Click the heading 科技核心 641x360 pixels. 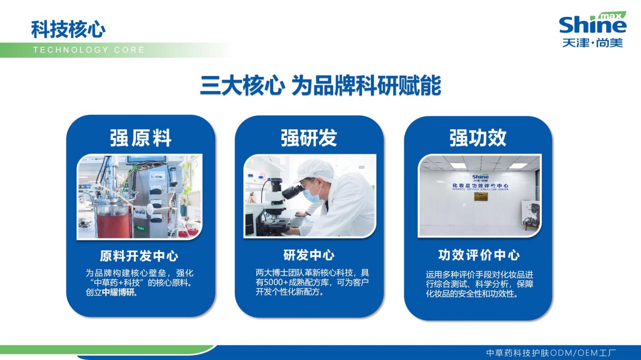[x=68, y=29]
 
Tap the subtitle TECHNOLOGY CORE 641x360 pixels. [x=89, y=50]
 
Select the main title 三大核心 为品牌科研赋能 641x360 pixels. [x=320, y=85]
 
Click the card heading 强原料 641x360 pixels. [x=141, y=138]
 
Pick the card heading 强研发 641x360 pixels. [x=309, y=138]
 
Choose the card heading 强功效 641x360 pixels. [x=478, y=138]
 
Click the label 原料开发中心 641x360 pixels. [x=139, y=256]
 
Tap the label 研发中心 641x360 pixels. [x=309, y=255]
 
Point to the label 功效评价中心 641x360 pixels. [x=479, y=255]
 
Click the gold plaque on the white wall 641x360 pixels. [x=481, y=197]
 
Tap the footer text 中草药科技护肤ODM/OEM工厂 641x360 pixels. [x=551, y=353]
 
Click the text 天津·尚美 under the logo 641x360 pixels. [x=592, y=43]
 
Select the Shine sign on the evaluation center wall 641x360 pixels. [x=480, y=177]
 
